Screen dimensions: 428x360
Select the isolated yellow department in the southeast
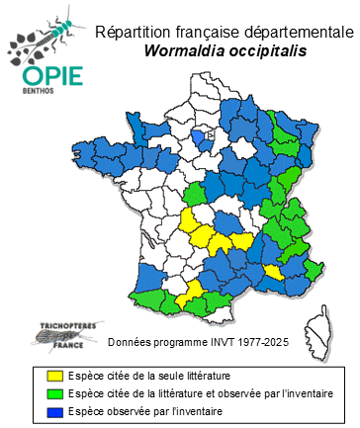273,272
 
